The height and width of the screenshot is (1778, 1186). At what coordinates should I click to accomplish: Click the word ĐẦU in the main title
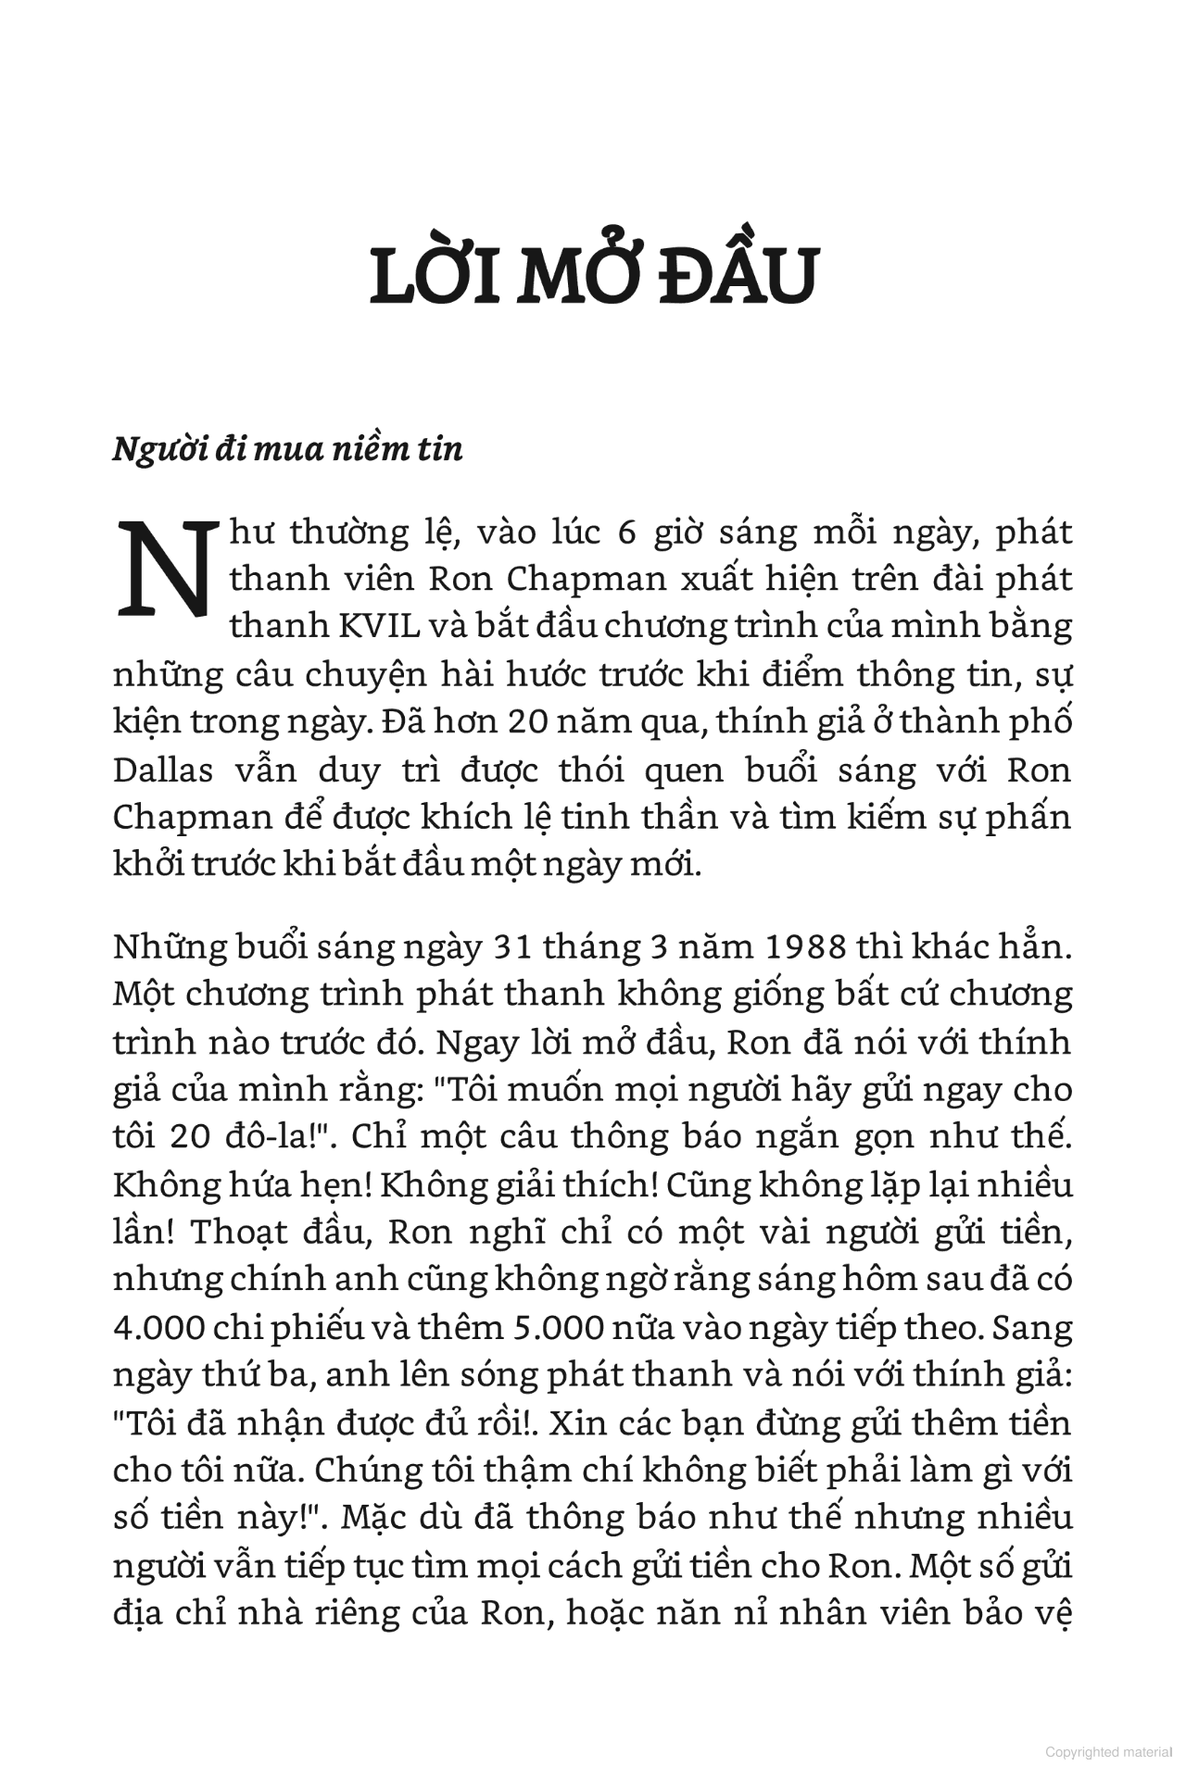739,275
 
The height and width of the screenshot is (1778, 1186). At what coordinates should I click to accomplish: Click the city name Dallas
163,770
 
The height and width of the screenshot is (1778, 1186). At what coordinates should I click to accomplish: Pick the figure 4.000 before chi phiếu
158,1328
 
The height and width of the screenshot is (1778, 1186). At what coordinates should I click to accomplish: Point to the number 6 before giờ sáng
626,533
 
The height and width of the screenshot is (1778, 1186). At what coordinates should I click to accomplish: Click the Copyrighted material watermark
1108,1752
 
